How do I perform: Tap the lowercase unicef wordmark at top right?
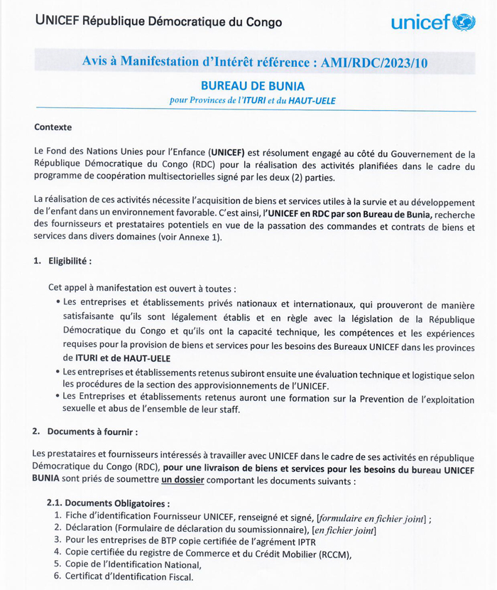pos(420,23)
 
